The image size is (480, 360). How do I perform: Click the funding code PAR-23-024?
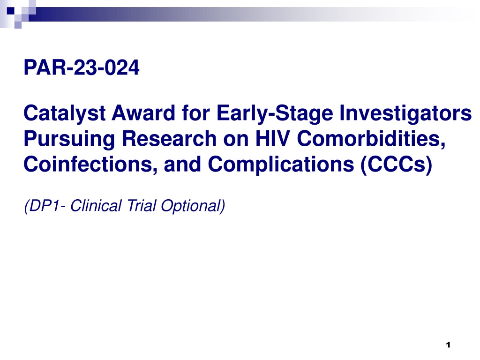click(x=82, y=67)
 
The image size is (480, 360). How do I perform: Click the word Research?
click(x=169, y=138)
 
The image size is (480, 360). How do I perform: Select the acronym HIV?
click(x=273, y=138)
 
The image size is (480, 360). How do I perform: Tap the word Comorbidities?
click(x=371, y=139)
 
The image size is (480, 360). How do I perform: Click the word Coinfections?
click(x=90, y=165)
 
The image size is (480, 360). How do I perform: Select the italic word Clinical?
click(x=96, y=206)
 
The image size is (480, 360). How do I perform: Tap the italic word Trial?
click(x=142, y=206)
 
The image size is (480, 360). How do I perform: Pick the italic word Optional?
click(x=191, y=206)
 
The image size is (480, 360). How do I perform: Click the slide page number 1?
click(x=448, y=345)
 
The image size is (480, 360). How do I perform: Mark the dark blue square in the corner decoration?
click(x=11, y=11)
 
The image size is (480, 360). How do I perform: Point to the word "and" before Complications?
click(x=182, y=164)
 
